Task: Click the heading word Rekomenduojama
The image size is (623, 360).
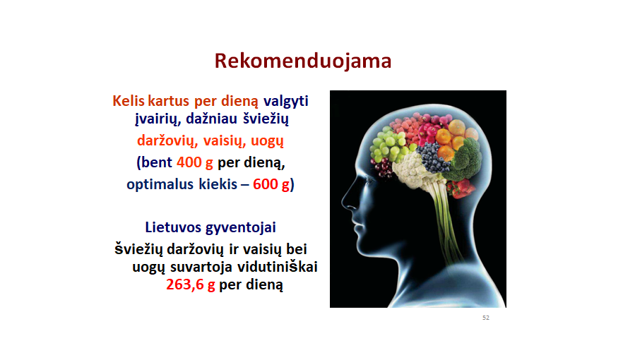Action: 303,61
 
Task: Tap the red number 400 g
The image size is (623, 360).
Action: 195,162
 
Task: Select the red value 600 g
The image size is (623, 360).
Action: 271,184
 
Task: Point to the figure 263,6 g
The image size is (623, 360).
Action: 190,284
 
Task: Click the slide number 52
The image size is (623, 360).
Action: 486,318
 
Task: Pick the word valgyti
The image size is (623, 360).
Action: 285,101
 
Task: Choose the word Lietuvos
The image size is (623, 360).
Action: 173,227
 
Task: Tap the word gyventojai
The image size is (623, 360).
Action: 240,228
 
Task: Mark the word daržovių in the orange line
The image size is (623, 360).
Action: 167,141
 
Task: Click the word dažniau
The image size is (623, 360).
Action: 211,119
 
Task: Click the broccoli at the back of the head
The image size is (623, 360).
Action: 465,159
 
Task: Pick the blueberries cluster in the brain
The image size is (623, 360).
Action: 434,157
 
